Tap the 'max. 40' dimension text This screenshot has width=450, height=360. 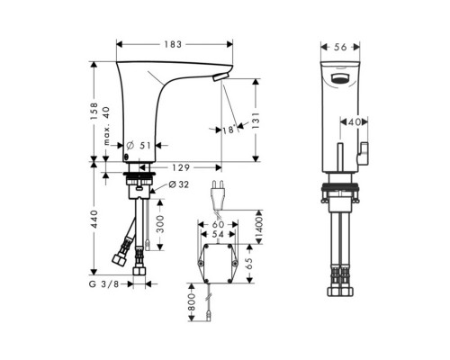107,130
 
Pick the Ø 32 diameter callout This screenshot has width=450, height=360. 176,186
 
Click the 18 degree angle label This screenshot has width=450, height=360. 232,130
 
